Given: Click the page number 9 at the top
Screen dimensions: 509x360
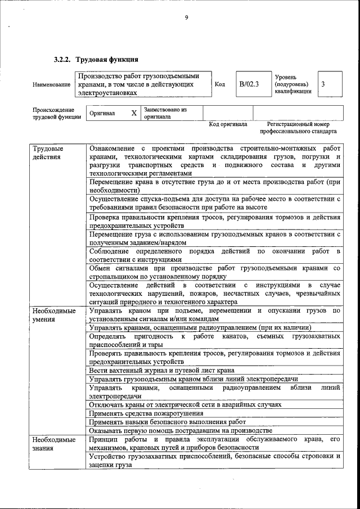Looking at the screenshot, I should click(x=186, y=17).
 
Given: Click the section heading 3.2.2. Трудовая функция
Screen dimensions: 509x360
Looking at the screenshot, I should click(x=96, y=59).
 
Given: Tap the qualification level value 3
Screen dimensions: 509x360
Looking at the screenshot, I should click(x=323, y=84).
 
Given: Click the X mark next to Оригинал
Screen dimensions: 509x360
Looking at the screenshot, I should click(x=134, y=113).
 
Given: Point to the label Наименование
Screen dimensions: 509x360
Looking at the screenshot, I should click(x=52, y=84).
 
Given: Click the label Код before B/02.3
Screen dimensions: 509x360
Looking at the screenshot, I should click(x=220, y=84).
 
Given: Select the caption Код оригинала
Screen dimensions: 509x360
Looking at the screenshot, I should click(x=228, y=124).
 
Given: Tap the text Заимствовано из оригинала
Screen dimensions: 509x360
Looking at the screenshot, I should click(x=165, y=113).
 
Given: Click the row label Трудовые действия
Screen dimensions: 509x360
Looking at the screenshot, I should click(x=48, y=152).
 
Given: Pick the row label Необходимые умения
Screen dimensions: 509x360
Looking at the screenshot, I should click(x=54, y=314).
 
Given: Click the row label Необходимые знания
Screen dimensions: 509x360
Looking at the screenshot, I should click(x=54, y=443).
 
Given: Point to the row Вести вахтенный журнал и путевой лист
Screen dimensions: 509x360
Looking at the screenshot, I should click(x=161, y=371).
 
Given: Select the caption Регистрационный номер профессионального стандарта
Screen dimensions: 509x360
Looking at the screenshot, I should click(x=298, y=128).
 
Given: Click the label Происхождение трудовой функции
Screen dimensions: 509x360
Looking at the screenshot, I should click(x=53, y=113).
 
